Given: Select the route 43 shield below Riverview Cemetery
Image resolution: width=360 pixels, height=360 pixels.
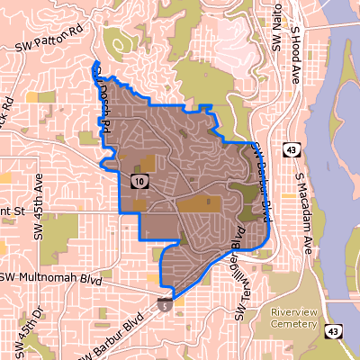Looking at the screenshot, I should coord(332,333).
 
